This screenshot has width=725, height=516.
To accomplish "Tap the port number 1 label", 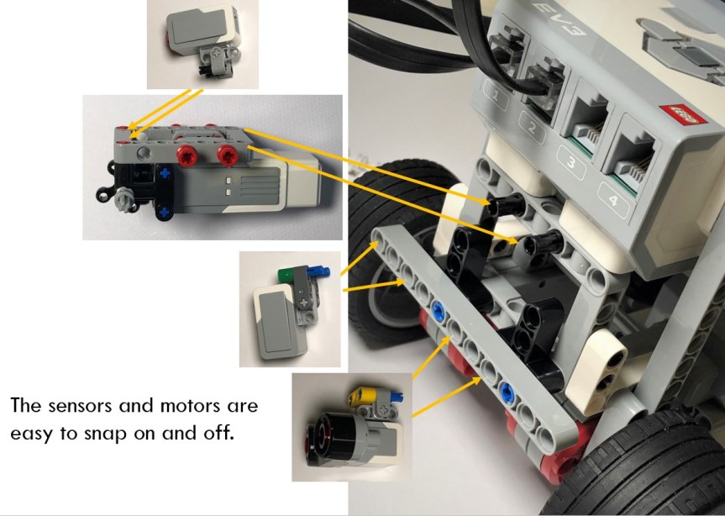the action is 496,95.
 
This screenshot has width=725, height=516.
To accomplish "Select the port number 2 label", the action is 532,127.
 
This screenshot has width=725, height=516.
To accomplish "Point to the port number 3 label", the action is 571,162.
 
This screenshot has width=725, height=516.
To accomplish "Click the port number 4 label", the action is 613,200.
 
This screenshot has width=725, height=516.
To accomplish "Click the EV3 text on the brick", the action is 559,18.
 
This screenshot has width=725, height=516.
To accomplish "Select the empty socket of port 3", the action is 586,124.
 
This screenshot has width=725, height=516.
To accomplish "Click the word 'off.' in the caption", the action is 218,433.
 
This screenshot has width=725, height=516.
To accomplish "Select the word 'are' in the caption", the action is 242,407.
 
